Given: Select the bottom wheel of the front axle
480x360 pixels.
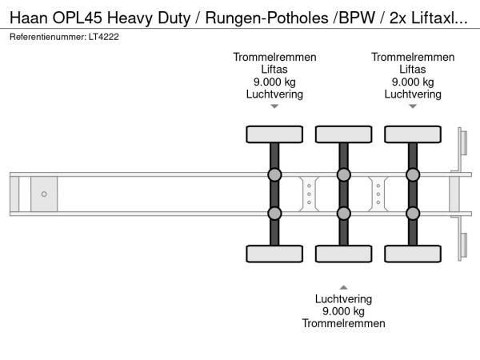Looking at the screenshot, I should point(274,254).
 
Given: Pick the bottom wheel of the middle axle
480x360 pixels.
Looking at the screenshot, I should point(343,254).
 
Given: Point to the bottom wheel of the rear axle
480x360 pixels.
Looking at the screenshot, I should point(413,254).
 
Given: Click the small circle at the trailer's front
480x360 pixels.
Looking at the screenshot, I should point(44,194).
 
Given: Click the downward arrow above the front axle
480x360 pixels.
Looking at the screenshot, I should point(274,106).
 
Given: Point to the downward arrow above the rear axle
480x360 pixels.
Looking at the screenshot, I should point(413,106).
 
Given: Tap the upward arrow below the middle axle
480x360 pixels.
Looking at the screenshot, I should point(343,286).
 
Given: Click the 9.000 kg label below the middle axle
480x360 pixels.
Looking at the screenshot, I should point(343,311).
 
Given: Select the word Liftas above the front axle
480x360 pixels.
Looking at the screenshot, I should point(274,70).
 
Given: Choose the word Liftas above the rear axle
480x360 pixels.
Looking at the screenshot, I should point(413,70).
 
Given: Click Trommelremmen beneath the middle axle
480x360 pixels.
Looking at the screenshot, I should point(343,323).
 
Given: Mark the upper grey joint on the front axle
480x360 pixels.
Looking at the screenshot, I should point(274,175).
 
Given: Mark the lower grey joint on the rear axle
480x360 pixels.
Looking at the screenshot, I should point(413,213).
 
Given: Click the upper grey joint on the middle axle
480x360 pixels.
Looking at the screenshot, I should point(343,175).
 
